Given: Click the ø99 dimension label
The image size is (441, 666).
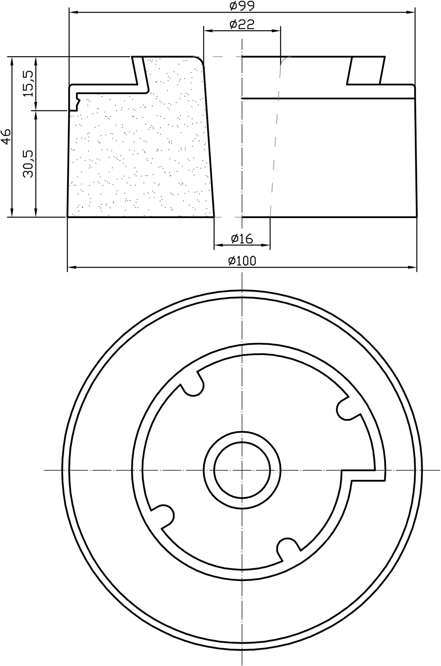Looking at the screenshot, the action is tap(242, 6).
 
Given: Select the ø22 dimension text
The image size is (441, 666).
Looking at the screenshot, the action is tap(242, 24).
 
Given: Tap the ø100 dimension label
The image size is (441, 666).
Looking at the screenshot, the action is tap(242, 261).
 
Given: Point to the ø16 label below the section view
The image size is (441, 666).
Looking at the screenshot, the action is tap(242, 239).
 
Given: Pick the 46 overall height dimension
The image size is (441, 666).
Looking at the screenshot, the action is tap(6, 137).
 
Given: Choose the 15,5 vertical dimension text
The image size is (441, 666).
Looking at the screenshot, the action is tap(28, 84).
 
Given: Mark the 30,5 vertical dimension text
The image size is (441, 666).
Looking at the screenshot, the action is tap(28, 164).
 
